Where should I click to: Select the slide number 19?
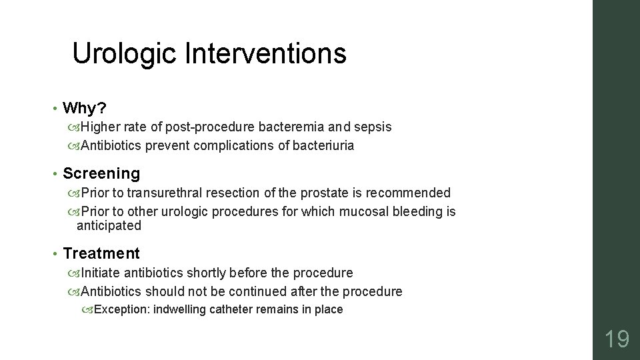(x=616, y=339)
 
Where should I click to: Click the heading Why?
(x=84, y=108)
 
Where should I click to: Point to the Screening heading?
(x=101, y=174)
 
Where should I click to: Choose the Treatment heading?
(x=101, y=253)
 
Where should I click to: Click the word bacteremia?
(x=298, y=127)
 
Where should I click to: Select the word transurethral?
(x=164, y=193)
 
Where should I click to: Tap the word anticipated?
(x=109, y=225)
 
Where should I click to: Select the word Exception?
(x=122, y=309)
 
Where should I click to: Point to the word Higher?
(x=101, y=127)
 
